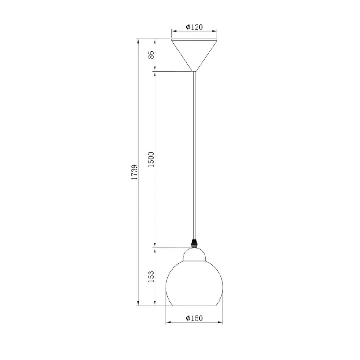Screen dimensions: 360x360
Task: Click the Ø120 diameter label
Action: (194, 27)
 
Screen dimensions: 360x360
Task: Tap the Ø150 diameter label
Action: (194, 318)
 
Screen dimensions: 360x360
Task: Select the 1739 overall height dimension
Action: (134, 172)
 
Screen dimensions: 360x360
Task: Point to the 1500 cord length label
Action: (151, 159)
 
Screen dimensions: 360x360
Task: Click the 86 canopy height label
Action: (151, 55)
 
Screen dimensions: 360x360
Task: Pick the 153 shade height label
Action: (151, 277)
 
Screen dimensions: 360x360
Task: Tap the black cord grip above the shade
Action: (194, 244)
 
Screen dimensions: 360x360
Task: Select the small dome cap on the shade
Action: (194, 255)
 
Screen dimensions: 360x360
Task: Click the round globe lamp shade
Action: (194, 283)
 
